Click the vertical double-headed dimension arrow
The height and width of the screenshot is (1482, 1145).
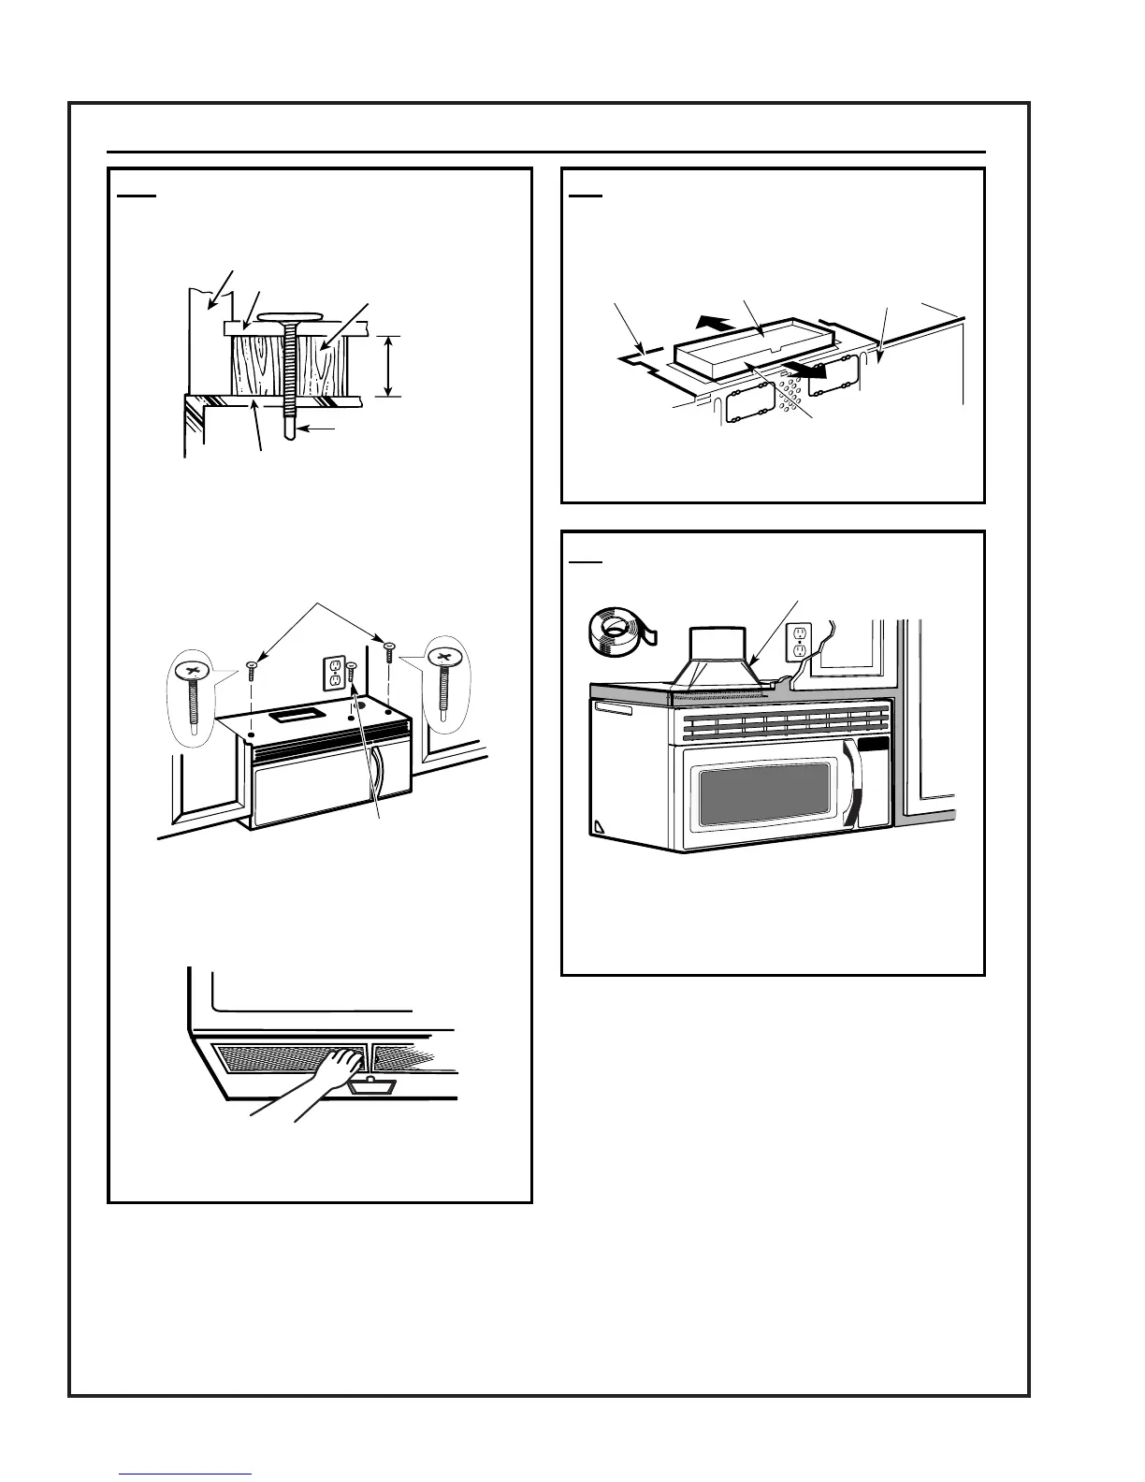389,366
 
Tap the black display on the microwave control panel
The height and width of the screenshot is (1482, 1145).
874,745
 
